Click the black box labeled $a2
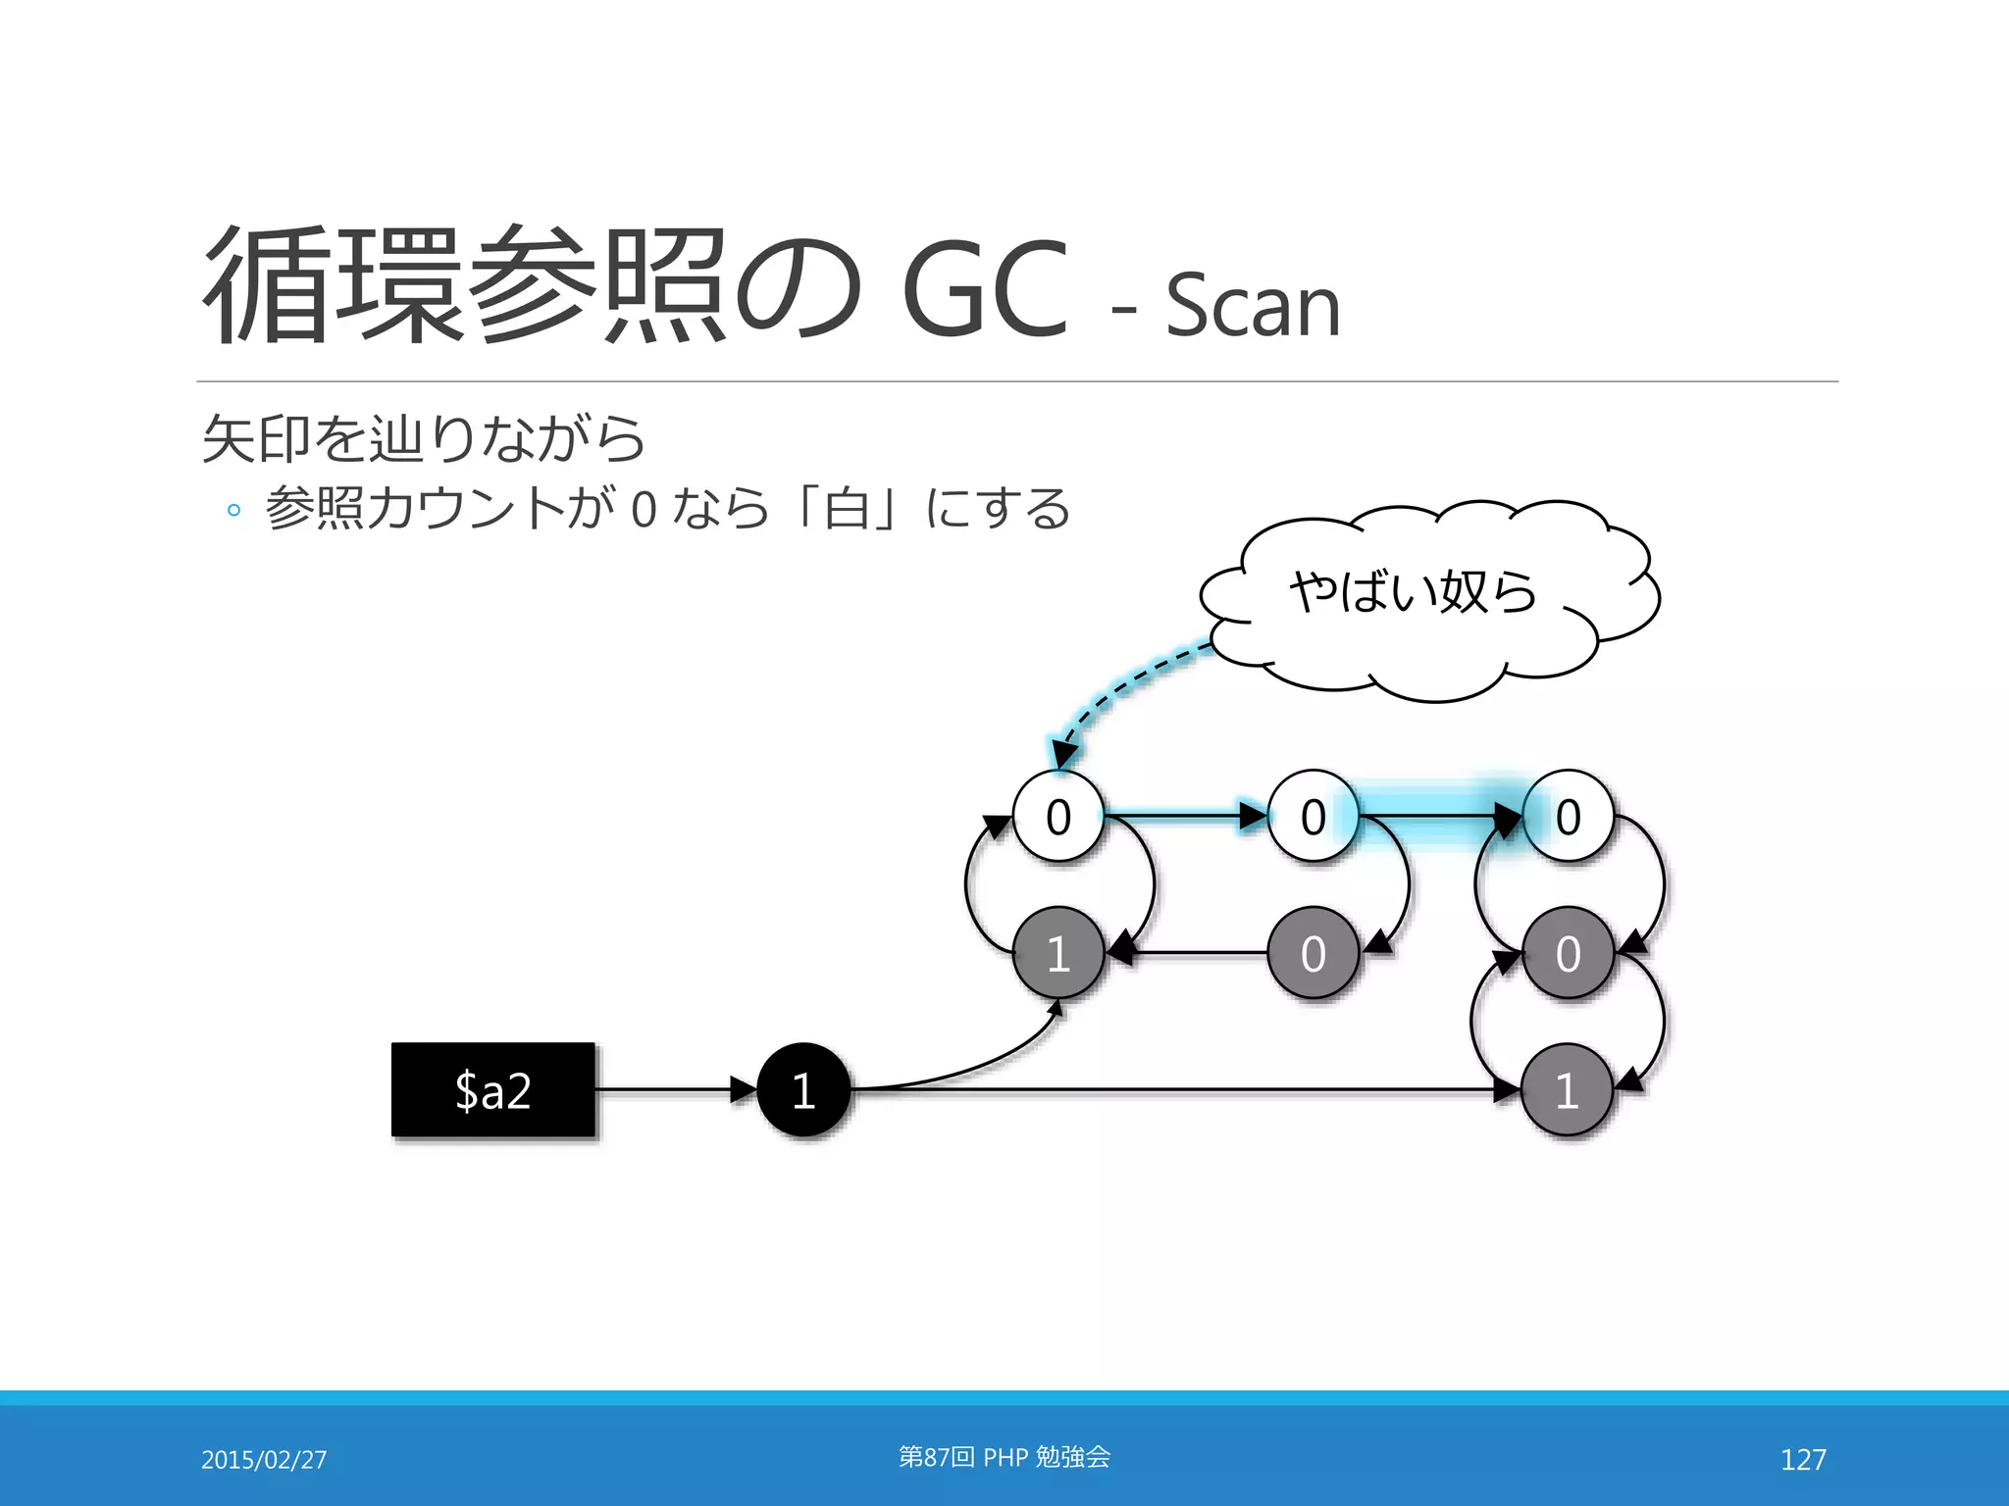[493, 1089]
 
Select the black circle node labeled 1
[803, 1089]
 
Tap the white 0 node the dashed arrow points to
[1057, 816]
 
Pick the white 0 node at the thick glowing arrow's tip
[1568, 816]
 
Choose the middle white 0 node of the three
[1313, 816]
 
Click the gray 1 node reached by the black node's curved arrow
[1057, 953]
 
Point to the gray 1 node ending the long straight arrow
[1568, 1089]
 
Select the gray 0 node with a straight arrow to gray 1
[1313, 953]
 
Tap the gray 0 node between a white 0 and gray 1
[1568, 953]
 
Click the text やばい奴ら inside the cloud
[1413, 592]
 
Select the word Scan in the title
[1253, 306]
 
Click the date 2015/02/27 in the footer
[264, 1459]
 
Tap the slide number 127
[1803, 1459]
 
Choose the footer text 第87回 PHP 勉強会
[1004, 1457]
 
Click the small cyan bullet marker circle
[233, 510]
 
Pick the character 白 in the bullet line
[848, 508]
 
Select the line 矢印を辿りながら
[424, 438]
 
